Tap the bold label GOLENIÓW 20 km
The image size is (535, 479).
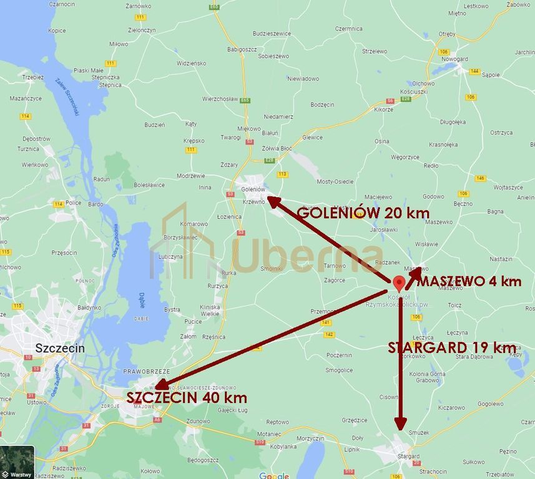(363, 213)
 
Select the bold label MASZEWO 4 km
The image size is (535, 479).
(469, 281)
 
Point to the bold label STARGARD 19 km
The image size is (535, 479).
(451, 348)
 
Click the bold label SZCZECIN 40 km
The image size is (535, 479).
(186, 397)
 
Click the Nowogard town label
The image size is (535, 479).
(454, 59)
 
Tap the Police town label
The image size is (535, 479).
(74, 203)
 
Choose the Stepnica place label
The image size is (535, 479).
(110, 85)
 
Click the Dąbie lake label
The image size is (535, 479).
(142, 301)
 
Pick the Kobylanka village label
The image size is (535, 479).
(283, 447)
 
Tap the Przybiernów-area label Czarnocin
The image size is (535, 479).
(62, 4)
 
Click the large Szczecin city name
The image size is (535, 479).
(60, 348)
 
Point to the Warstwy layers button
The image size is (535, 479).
(17, 462)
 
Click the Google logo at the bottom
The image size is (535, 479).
(274, 476)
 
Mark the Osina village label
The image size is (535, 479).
(382, 142)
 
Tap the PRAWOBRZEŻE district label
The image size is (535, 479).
(147, 371)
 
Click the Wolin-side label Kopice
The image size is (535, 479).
(57, 31)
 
